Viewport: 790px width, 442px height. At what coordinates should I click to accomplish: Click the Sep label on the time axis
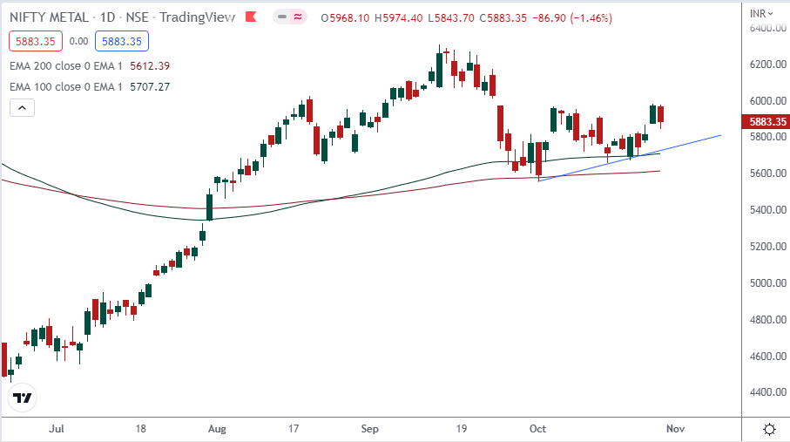click(370, 429)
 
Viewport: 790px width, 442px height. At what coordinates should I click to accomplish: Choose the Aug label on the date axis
click(219, 429)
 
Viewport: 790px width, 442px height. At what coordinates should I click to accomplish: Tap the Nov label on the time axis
click(676, 429)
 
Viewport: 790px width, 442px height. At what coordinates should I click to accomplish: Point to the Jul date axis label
click(57, 429)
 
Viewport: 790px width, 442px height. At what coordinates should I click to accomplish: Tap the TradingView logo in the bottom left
click(23, 398)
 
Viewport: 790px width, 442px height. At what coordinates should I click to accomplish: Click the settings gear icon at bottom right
click(769, 429)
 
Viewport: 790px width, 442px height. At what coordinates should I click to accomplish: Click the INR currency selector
click(761, 13)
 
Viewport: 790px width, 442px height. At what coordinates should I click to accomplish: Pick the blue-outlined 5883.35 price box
click(124, 40)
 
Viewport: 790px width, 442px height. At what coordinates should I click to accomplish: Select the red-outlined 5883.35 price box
click(33, 40)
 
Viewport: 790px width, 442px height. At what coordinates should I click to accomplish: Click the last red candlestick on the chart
click(661, 114)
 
